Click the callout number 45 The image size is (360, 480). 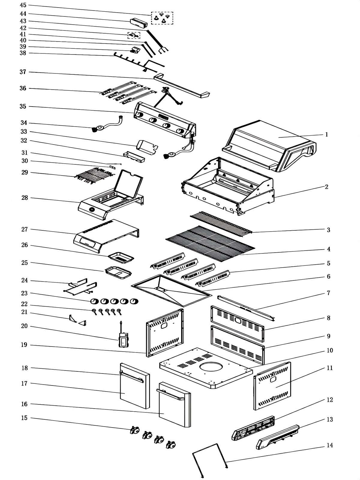coord(23,5)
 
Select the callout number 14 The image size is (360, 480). coord(330,445)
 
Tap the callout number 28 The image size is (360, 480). coord(25,198)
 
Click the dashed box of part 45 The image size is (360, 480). coord(162,18)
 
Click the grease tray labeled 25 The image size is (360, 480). coord(118,272)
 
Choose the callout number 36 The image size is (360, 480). coord(23,88)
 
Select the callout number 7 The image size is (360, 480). coord(328,293)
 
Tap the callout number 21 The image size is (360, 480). coord(24,312)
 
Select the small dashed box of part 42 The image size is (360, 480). coord(134,35)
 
